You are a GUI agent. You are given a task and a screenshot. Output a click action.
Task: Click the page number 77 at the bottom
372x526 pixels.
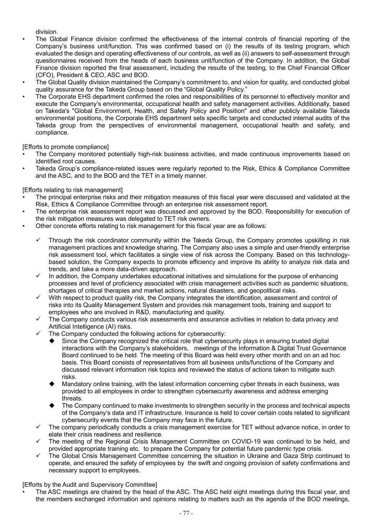[186, 513]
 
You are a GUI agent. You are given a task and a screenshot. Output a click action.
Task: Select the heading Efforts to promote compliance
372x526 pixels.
[65, 147]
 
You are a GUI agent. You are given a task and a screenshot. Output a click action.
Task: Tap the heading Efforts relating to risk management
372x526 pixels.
[72, 190]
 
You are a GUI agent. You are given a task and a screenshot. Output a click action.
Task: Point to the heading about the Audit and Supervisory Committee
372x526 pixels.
[89, 485]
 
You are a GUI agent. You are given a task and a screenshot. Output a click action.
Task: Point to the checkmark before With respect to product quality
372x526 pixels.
[39, 298]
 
